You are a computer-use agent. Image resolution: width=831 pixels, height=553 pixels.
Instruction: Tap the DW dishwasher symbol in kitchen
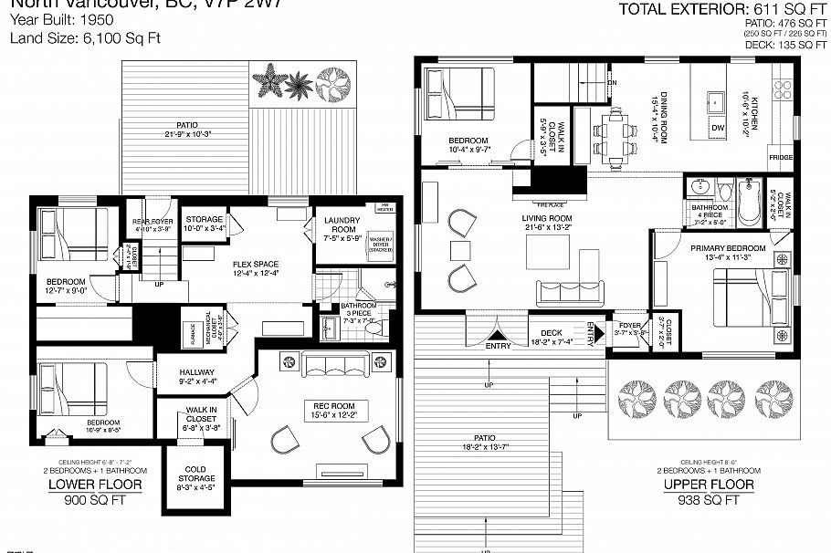718,127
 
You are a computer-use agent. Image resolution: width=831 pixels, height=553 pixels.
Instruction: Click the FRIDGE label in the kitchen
781,157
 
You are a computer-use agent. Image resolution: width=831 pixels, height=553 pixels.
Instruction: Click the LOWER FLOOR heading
95,485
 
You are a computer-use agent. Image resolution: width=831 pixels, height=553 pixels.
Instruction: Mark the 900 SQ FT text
95,500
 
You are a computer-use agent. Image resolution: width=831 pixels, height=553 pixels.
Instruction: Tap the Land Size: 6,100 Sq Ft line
73,38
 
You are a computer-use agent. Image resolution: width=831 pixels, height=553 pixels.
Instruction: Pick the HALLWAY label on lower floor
197,372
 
